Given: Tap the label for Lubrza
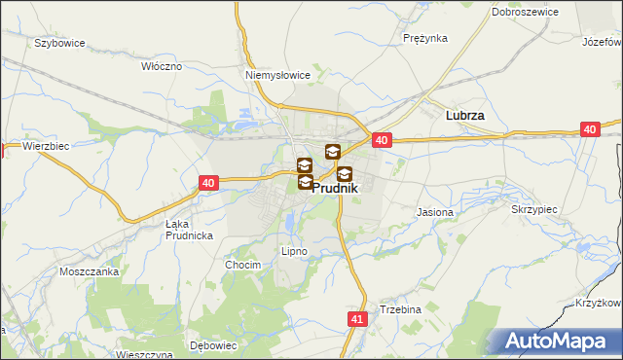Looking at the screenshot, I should [464, 114].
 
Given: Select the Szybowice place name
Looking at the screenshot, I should [59, 44].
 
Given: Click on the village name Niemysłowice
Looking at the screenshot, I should [277, 74].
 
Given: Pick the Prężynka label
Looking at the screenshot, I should [424, 38].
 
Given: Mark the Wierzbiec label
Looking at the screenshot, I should [46, 147].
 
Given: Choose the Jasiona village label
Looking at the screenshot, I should [434, 211].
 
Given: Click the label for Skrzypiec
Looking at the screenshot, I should [532, 209].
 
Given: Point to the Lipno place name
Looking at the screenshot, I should [294, 251].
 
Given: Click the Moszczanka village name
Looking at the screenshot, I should [89, 271].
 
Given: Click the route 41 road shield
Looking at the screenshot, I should [356, 318].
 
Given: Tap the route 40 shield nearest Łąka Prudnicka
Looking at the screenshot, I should [208, 182].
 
